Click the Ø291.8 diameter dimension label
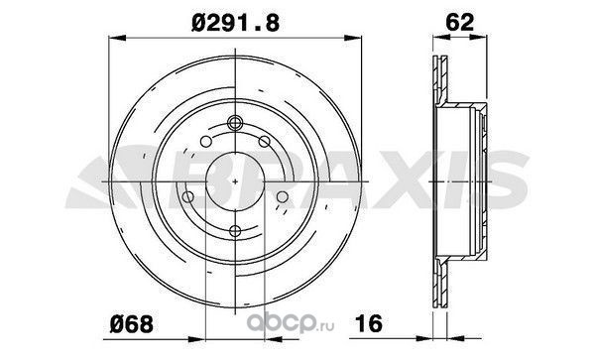pos(235,23)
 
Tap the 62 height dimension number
pos(459,22)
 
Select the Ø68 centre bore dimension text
pos(131,324)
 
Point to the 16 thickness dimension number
pos(369,323)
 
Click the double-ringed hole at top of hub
pos(235,123)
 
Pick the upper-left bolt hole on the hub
pos(205,142)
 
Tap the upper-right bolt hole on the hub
pos(265,142)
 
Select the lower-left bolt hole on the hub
pos(187,197)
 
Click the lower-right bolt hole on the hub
pos(283,197)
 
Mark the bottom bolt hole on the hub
pos(235,231)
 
